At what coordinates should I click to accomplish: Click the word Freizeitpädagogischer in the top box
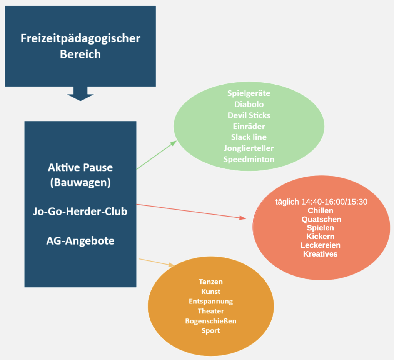click(x=80, y=38)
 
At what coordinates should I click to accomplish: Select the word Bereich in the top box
click(x=80, y=54)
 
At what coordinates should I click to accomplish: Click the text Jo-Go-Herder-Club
click(x=80, y=212)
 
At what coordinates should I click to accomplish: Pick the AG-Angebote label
click(x=80, y=241)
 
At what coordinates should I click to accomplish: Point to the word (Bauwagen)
click(x=80, y=182)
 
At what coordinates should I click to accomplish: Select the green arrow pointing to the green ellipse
click(x=156, y=155)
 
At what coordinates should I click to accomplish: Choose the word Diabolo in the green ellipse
click(x=249, y=104)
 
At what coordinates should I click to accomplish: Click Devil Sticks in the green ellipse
click(x=249, y=115)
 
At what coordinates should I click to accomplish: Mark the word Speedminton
click(x=249, y=159)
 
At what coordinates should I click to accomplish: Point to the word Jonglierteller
click(x=249, y=148)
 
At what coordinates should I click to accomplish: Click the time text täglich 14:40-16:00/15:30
click(x=321, y=202)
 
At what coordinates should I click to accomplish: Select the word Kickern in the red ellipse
click(x=321, y=237)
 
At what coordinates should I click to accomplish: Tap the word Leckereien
click(x=321, y=245)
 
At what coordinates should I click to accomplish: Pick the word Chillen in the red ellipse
click(x=321, y=211)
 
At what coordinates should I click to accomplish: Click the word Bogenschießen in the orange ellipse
click(x=211, y=321)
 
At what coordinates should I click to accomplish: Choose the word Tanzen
click(x=211, y=282)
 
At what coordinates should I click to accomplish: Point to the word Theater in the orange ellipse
click(x=211, y=311)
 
